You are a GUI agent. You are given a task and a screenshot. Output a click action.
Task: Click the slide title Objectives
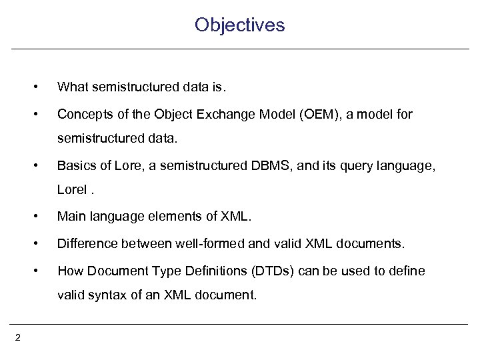(x=239, y=25)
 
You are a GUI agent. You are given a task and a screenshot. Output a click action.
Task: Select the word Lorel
(x=72, y=189)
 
